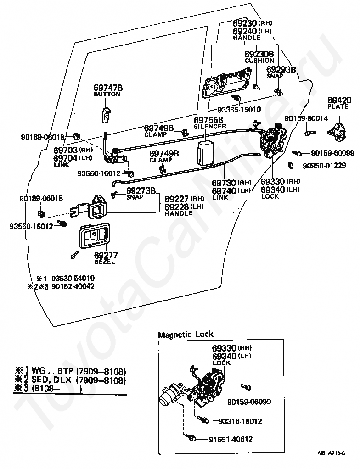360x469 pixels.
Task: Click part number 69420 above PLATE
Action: point(339,100)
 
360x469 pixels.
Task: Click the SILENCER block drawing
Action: point(206,152)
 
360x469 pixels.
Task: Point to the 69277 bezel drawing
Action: point(94,236)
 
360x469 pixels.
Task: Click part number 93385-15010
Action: point(235,110)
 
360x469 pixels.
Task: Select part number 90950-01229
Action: point(324,165)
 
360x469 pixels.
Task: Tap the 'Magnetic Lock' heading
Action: point(186,334)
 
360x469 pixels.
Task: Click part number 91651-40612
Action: point(231,439)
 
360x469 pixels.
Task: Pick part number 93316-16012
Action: point(240,421)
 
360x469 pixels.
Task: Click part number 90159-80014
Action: point(306,118)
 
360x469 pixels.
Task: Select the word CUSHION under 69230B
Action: point(259,61)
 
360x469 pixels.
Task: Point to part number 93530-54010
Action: point(73,278)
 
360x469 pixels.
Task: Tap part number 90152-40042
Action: point(73,286)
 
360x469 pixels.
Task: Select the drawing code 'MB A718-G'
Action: point(332,453)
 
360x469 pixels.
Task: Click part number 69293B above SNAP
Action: point(281,70)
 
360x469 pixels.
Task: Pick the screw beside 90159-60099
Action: point(297,153)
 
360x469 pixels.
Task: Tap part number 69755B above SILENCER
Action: point(208,120)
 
